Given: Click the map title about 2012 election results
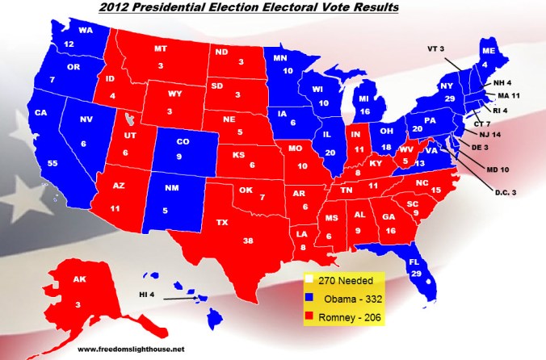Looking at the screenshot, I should click(273, 10).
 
